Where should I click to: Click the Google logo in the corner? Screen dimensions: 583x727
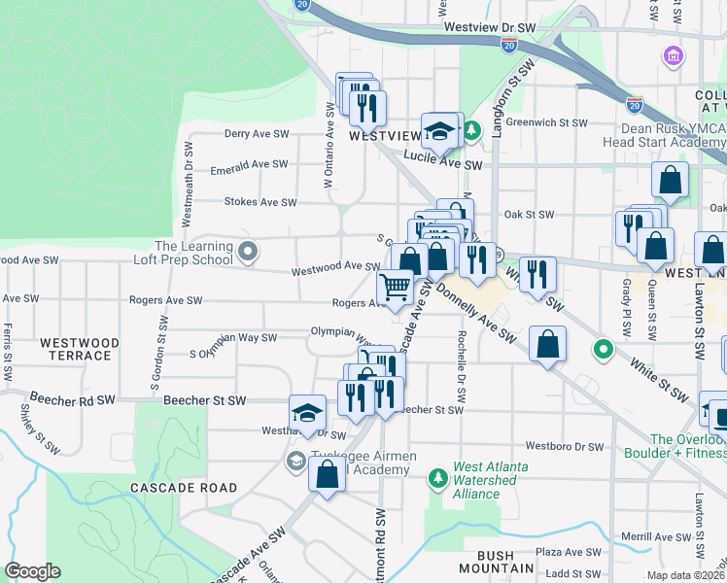coord(33,571)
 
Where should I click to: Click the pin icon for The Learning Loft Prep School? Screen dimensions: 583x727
coord(248,253)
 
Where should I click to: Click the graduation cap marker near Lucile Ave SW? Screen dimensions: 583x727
coord(440,131)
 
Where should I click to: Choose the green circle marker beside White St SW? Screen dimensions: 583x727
coord(604,349)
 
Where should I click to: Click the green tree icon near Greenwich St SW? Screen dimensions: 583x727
coord(471,129)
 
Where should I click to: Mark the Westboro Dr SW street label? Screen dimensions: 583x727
coord(565,447)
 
